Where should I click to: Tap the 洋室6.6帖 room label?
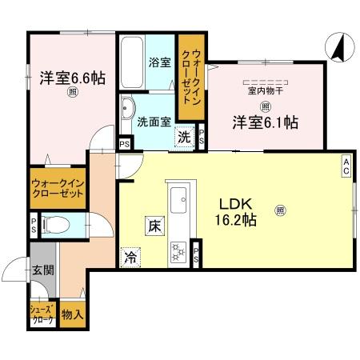(73, 78)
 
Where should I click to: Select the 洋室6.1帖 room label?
(266, 122)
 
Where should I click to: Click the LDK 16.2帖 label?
(234, 210)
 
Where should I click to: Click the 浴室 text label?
(158, 62)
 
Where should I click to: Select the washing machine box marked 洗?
(185, 136)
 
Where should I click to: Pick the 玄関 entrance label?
(42, 270)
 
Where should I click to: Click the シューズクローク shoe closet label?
(42, 315)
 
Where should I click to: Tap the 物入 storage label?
(72, 314)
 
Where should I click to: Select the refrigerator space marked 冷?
(130, 257)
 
